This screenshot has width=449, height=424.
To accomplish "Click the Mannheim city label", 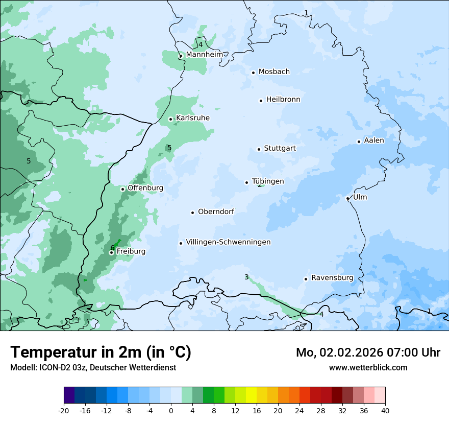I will (204, 55).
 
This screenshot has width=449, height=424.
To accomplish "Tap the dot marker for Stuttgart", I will (259, 149).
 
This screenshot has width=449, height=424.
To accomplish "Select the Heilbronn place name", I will (283, 100).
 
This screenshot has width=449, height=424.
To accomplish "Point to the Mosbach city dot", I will (253, 73).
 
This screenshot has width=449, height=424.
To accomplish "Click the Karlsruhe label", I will (193, 118).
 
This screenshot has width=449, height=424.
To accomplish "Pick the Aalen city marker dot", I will (359, 142).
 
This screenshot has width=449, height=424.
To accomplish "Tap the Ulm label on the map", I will (360, 197).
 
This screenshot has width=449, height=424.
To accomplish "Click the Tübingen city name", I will (268, 181).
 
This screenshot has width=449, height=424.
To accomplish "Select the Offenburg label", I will (145, 188).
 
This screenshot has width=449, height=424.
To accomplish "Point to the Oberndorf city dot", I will (193, 213).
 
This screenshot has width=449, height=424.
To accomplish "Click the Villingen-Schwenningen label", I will (228, 242).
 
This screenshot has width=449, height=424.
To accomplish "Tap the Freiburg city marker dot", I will (111, 252).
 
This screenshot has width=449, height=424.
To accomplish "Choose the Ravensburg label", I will (332, 278).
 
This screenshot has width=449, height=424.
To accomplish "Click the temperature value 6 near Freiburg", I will (112, 248).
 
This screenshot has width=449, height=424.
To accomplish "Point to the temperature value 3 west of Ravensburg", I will (246, 277).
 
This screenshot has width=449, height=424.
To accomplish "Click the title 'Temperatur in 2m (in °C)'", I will (101, 352).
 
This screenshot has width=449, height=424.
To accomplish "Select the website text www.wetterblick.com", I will (368, 367).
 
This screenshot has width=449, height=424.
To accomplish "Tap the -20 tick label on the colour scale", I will (64, 410).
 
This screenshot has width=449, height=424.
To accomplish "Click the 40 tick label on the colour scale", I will (385, 410).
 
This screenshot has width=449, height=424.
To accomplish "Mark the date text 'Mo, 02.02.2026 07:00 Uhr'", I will (368, 352).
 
